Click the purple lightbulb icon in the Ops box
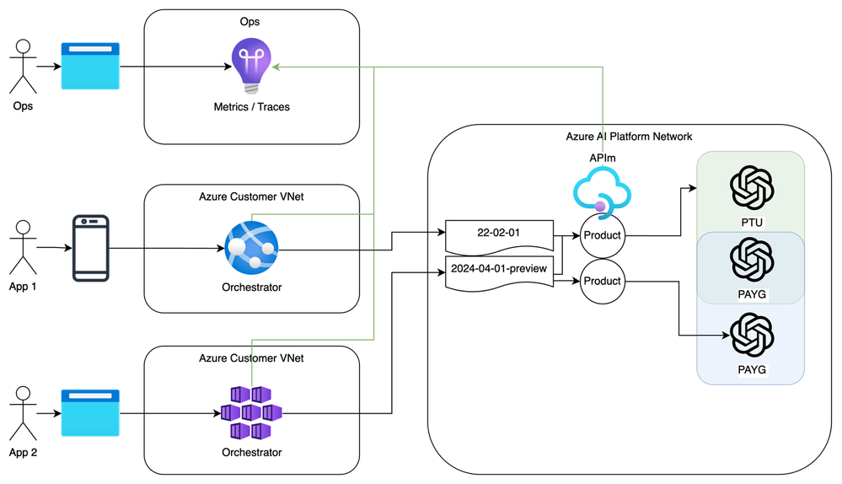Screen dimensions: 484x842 coord(252,66)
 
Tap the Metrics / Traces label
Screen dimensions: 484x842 coord(252,107)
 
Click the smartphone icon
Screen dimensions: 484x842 coord(90,248)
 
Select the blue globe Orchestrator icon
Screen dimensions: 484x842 coord(251,248)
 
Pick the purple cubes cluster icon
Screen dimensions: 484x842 coord(251,412)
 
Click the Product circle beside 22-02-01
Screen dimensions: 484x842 coord(602,235)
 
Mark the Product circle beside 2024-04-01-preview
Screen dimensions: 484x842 coord(602,281)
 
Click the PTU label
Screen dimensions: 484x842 coord(751,221)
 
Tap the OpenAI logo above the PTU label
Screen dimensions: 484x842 coord(751,186)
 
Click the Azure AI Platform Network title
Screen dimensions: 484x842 coord(630,136)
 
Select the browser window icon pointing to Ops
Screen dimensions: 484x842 coord(89,66)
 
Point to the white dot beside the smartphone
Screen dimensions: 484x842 coord(23,226)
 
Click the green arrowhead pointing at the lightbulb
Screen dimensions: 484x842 coord(276,65)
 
